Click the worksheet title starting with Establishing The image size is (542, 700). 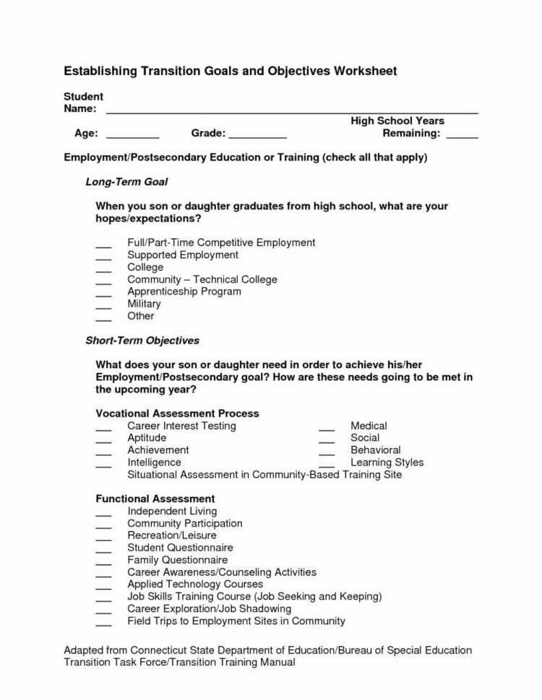point(230,71)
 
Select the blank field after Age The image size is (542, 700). point(133,135)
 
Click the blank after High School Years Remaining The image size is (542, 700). point(462,135)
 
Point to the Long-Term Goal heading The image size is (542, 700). point(126,182)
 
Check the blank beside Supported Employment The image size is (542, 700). point(103,257)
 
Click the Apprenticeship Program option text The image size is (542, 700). point(184,292)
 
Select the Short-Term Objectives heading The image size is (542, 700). point(142,340)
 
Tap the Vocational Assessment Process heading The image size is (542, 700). point(177,414)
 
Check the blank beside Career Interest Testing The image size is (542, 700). point(103,428)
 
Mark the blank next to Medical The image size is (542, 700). point(327,428)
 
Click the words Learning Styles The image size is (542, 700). point(387,462)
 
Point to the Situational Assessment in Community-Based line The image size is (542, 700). point(264,475)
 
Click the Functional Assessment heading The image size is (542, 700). point(155,499)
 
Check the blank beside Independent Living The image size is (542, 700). point(103,513)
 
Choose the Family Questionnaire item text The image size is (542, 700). point(177,559)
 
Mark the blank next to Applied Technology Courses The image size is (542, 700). point(103,586)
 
